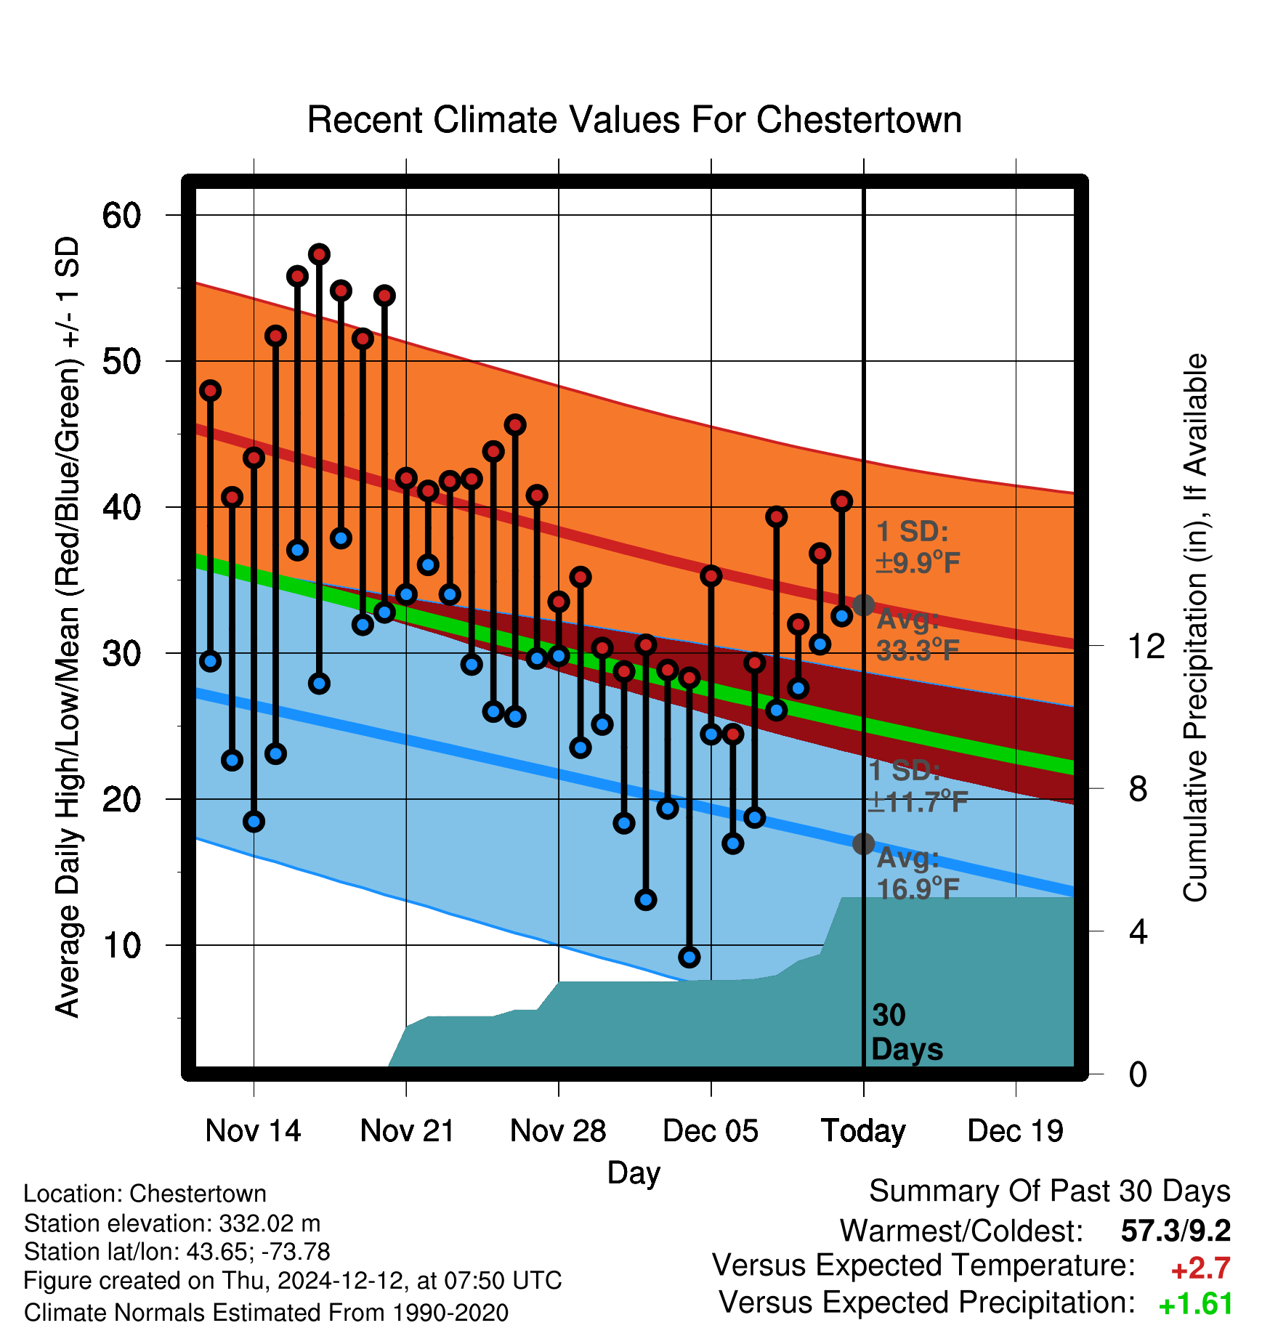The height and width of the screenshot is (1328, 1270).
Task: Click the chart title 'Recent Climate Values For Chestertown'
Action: [x=634, y=120]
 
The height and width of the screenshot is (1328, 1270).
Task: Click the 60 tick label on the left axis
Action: [x=122, y=215]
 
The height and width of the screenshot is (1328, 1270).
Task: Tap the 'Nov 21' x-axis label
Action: [x=407, y=1130]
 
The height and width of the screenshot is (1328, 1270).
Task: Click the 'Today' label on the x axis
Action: [x=863, y=1131]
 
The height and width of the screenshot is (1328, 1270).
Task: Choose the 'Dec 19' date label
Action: [x=1015, y=1130]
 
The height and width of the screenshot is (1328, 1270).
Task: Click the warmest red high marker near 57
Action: [x=319, y=254]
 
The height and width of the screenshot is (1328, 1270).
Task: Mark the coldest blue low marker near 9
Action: [x=689, y=957]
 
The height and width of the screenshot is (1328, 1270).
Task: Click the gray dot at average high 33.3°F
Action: [x=863, y=604]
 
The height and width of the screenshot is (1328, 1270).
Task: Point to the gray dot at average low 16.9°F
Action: [x=863, y=843]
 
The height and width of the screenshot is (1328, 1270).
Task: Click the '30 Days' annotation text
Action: [x=907, y=1032]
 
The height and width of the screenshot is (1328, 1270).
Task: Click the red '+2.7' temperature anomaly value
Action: [x=1200, y=1268]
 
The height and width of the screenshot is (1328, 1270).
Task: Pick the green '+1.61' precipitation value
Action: [x=1195, y=1304]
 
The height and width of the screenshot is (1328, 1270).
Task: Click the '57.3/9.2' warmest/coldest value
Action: [x=1176, y=1231]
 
